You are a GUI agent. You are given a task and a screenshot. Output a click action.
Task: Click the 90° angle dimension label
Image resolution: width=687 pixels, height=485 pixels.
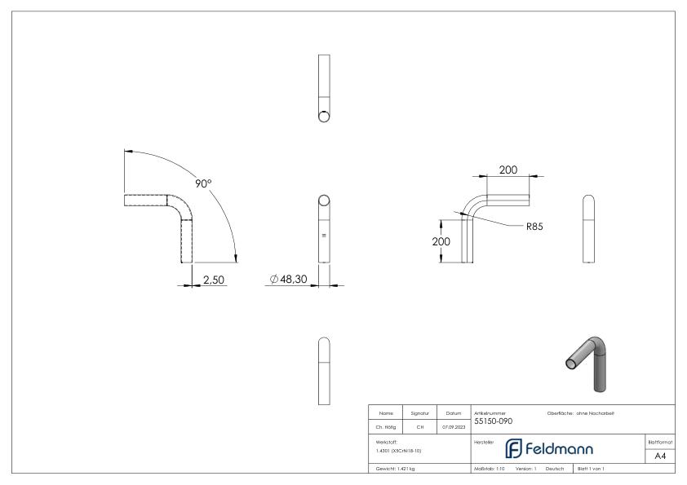202,183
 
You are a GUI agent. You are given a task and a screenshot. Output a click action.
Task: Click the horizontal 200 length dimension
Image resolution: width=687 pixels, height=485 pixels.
508,170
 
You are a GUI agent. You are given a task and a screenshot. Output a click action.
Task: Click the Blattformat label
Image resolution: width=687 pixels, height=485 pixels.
660,441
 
